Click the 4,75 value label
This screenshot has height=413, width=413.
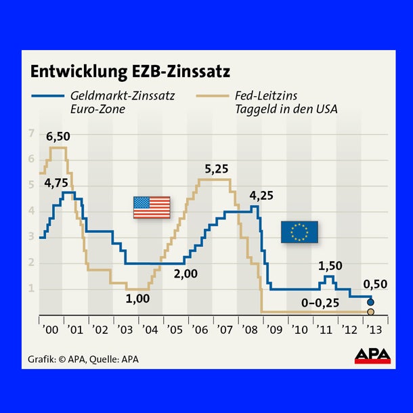[57, 182]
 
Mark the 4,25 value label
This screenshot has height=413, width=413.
[262, 196]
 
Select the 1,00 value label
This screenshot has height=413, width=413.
[137, 298]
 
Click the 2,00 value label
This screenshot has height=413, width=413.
[185, 275]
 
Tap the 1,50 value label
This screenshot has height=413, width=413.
[330, 265]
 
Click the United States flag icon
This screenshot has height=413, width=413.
[152, 207]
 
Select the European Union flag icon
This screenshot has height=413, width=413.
[299, 232]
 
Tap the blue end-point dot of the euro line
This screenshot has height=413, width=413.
[370, 302]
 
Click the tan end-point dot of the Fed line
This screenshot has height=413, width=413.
[370, 312]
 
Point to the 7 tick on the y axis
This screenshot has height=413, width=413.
[30, 133]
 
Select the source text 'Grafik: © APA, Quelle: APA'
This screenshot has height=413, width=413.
[83, 358]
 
